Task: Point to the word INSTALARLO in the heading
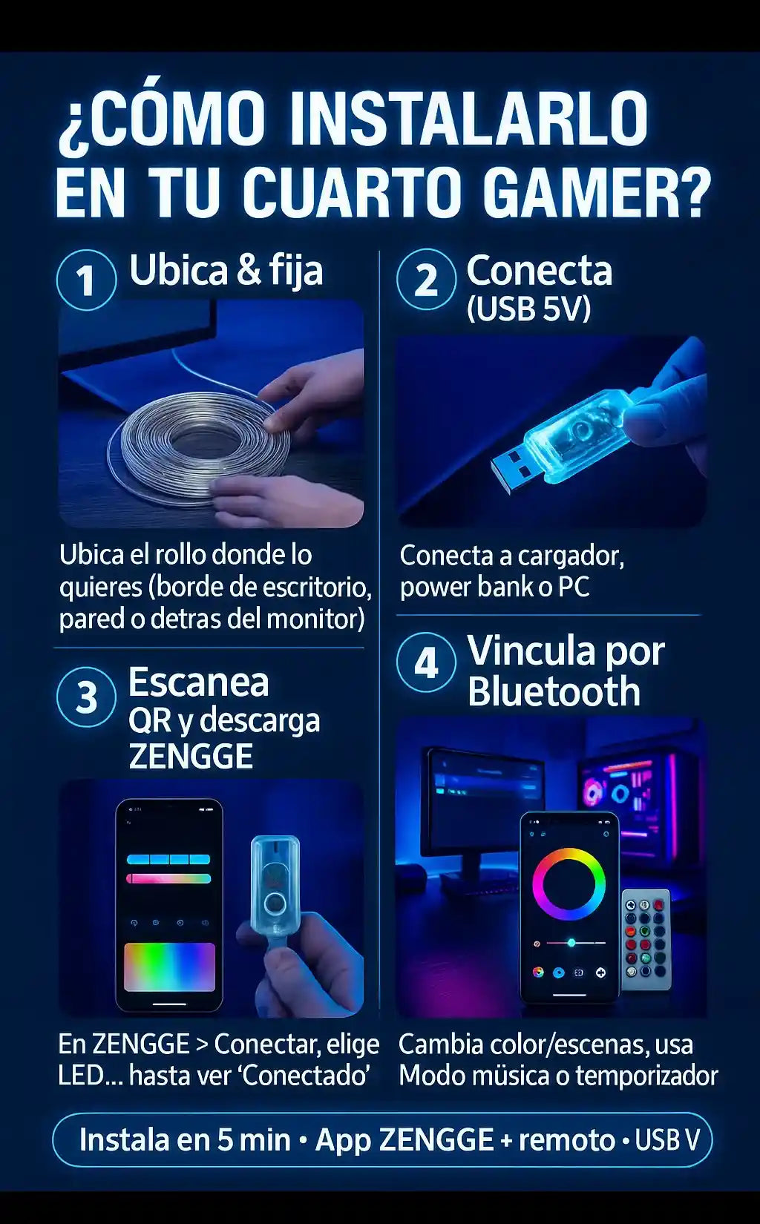point(468,119)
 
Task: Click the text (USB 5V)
point(528,309)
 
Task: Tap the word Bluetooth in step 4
point(554,691)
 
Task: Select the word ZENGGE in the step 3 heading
point(190,756)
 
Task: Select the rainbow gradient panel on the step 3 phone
point(169,967)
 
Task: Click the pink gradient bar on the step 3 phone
point(168,878)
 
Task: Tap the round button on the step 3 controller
point(273,904)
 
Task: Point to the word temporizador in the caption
point(647,1076)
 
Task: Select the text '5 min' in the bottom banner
point(255,1140)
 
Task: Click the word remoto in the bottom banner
point(567,1140)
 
